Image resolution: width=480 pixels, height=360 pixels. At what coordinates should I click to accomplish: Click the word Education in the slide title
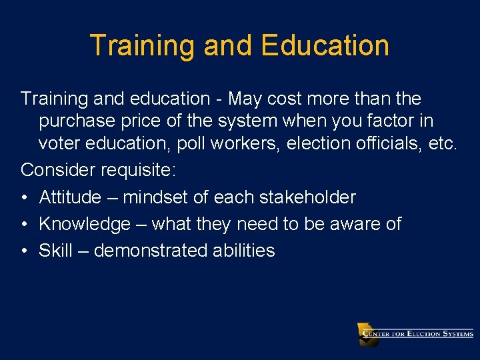325,45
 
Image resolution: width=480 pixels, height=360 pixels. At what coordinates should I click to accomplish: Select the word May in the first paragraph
246,99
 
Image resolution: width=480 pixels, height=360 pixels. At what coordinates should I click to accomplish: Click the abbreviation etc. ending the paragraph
442,144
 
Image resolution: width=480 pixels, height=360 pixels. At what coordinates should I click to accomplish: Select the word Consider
59,170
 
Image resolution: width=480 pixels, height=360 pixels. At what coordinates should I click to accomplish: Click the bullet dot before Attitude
24,197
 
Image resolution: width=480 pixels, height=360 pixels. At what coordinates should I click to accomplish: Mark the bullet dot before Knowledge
24,224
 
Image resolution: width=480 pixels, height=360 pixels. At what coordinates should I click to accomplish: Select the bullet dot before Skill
24,251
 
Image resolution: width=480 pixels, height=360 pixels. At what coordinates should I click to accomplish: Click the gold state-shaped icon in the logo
367,333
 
